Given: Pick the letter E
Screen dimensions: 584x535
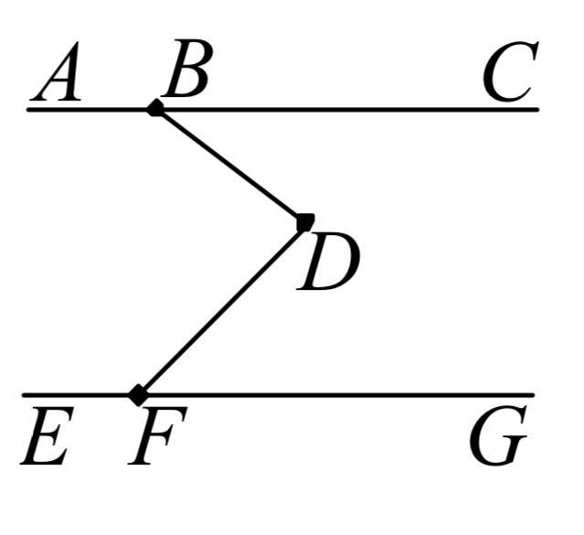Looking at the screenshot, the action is click(x=45, y=439).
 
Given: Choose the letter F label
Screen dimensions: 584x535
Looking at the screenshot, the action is click(x=157, y=439).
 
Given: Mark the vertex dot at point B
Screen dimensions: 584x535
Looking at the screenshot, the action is click(x=155, y=109).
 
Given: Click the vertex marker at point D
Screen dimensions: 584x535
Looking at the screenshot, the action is click(x=305, y=221).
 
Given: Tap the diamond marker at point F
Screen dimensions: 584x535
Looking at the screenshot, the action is click(x=138, y=395).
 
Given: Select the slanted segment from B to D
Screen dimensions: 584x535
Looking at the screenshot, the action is click(x=230, y=166).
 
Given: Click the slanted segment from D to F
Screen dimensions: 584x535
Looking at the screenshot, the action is click(x=222, y=308).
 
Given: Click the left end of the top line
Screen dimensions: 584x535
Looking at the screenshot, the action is click(x=29, y=110).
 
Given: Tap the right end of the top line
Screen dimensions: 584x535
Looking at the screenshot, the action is click(x=537, y=110).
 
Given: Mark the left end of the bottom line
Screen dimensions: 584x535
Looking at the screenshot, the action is click(x=25, y=395).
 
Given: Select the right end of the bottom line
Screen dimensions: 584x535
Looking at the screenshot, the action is click(x=533, y=395).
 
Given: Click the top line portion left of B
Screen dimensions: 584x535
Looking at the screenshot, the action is click(x=91, y=110).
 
